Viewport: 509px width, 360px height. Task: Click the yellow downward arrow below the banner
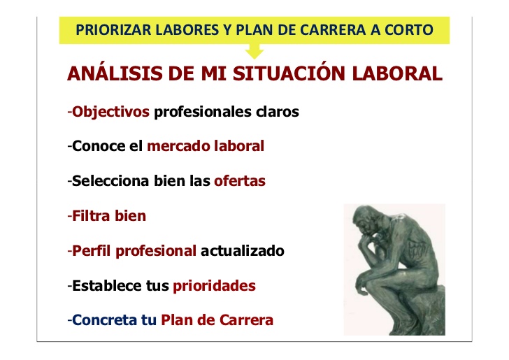pyautogui.click(x=254, y=51)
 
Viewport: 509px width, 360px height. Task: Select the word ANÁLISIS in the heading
pyautogui.click(x=115, y=73)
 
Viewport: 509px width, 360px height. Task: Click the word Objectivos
pyautogui.click(x=110, y=112)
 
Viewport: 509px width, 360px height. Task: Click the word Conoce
pyautogui.click(x=99, y=146)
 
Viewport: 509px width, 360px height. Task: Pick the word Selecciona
pyautogui.click(x=110, y=181)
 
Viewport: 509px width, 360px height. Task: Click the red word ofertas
pyautogui.click(x=240, y=181)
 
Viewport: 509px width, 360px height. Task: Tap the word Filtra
pyautogui.click(x=91, y=216)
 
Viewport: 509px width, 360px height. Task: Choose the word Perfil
pyautogui.click(x=91, y=251)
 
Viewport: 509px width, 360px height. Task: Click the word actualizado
pyautogui.click(x=243, y=251)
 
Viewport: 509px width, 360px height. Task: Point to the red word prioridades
pyautogui.click(x=214, y=287)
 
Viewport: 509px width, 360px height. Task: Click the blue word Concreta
pyautogui.click(x=105, y=320)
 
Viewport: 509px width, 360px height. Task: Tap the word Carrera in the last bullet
pyautogui.click(x=246, y=320)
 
